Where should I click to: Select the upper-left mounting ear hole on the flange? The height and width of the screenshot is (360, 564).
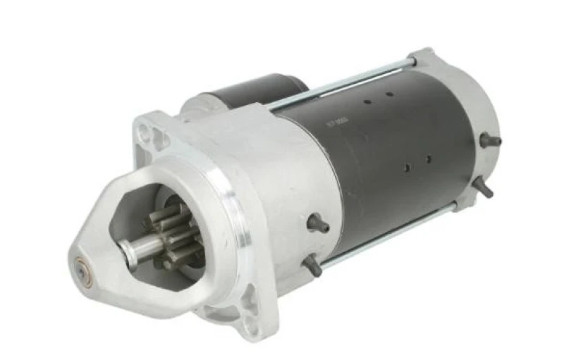click(146, 130)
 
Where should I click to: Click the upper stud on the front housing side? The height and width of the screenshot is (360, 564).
click(319, 224)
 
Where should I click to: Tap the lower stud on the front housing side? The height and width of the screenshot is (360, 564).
click(312, 266)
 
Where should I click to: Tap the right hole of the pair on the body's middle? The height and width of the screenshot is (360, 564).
click(428, 159)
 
